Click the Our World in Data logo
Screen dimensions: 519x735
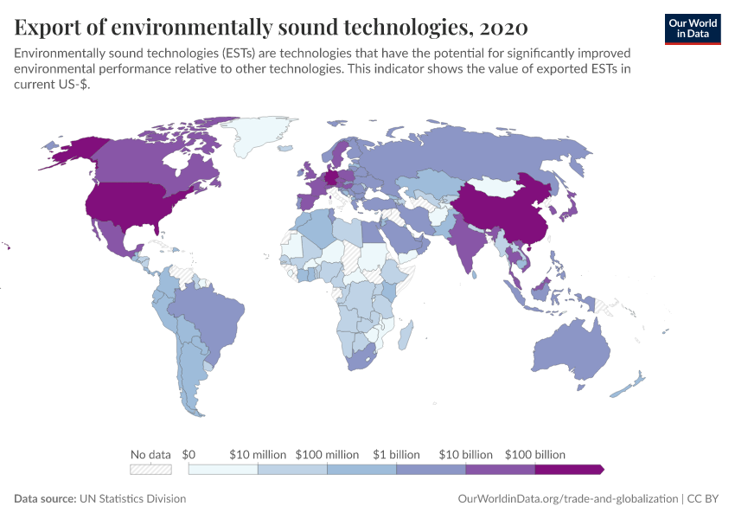[692, 29]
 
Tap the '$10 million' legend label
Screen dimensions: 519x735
[258, 454]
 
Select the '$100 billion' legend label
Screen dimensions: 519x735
[535, 454]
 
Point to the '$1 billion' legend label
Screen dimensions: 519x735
[397, 454]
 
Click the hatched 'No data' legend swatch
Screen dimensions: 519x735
[150, 469]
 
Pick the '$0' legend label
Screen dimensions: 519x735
[189, 454]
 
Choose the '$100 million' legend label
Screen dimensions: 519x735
[327, 454]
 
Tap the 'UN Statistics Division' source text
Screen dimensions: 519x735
[131, 499]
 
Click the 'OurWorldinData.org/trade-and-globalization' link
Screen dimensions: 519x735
[566, 499]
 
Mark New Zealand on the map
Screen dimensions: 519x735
[634, 381]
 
